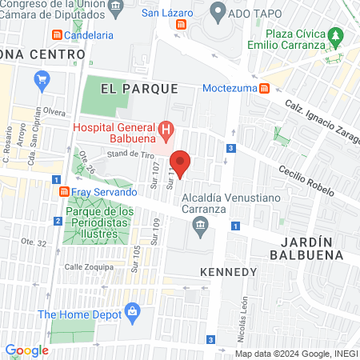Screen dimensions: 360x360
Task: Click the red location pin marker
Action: [181, 163]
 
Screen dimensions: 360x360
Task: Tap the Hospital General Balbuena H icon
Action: [166, 129]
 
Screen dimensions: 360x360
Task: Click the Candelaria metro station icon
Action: [57, 36]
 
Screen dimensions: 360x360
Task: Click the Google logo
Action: [26, 350]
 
